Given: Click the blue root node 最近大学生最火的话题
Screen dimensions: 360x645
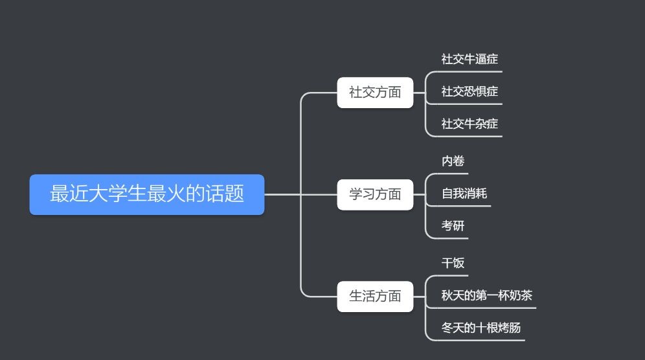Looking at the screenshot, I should coord(147,194).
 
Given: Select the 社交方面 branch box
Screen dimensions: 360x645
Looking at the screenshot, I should coord(375,93).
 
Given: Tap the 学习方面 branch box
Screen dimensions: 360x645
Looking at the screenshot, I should coord(375,194).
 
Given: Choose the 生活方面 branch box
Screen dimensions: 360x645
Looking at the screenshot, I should coord(375,297).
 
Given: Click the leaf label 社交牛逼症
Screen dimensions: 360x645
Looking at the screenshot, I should coord(470,59).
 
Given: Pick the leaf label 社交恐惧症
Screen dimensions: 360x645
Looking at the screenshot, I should coord(470,91).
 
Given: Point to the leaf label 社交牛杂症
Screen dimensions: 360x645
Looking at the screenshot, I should coord(470,124).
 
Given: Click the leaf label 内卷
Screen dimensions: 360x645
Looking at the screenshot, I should coord(453,161).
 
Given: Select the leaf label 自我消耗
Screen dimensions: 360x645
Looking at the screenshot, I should coord(464,194).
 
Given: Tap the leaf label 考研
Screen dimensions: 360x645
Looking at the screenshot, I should coord(453,226).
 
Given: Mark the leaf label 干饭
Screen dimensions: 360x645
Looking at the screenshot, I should coord(453,263).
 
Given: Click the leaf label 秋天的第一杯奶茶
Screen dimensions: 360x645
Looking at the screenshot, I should coord(486,296).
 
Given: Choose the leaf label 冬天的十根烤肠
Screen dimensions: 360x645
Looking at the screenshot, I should coord(481,328).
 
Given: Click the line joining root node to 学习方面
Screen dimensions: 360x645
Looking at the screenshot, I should coord(285,194).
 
